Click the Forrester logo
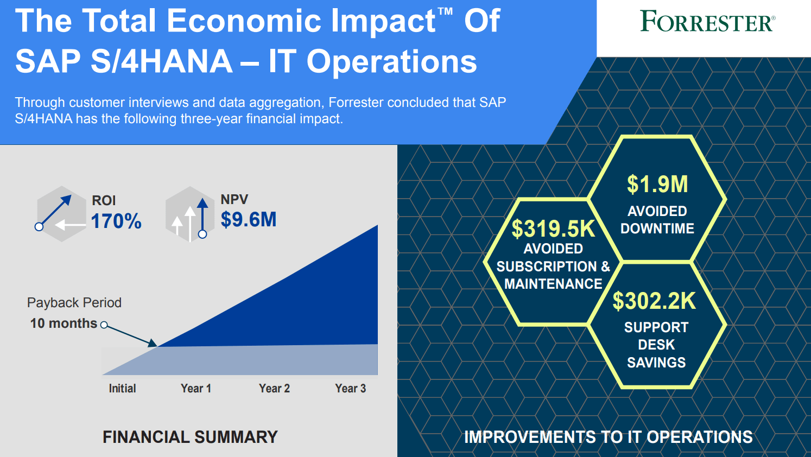(x=707, y=21)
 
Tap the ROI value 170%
(x=116, y=221)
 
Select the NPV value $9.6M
(x=249, y=219)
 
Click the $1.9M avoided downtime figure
(x=657, y=185)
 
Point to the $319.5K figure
(x=553, y=229)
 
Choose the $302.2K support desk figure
(x=654, y=301)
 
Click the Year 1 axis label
(x=196, y=388)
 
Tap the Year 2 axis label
(x=274, y=388)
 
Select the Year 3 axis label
(x=351, y=388)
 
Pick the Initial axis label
(x=122, y=388)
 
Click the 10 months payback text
(x=64, y=323)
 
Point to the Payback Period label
(x=74, y=303)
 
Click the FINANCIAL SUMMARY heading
(x=190, y=437)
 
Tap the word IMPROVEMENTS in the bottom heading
(x=530, y=437)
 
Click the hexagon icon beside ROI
(x=61, y=214)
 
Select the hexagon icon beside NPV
(x=189, y=214)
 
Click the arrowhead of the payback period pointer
(x=152, y=342)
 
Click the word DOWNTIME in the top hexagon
(x=657, y=228)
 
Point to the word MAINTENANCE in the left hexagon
(x=553, y=284)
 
